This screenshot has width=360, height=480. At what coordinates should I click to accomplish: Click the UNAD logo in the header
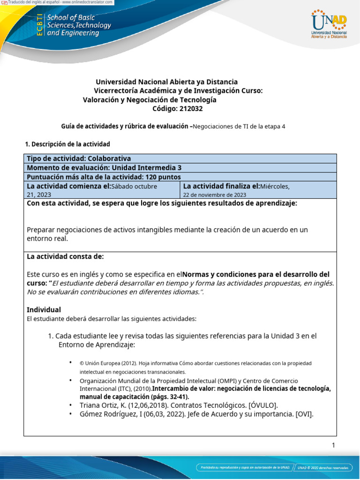tap(329, 24)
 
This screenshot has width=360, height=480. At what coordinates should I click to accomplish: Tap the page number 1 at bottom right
tap(333, 445)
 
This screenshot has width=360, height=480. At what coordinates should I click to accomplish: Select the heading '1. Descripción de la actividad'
tap(67, 144)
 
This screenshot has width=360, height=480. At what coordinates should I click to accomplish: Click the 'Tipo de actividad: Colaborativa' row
tap(79, 159)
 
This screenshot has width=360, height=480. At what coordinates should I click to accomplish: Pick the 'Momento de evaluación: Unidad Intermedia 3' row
tap(104, 168)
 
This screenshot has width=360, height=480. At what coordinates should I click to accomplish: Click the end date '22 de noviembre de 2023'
tap(214, 195)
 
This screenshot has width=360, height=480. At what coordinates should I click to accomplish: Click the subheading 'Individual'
tap(44, 310)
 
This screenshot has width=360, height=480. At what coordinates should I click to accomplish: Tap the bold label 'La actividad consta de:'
tap(65, 256)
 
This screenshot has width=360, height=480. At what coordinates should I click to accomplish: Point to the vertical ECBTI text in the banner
tap(39, 25)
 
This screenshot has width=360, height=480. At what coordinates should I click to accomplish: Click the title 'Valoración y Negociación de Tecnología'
tap(150, 100)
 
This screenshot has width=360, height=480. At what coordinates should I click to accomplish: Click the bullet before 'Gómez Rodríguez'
tap(70, 414)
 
